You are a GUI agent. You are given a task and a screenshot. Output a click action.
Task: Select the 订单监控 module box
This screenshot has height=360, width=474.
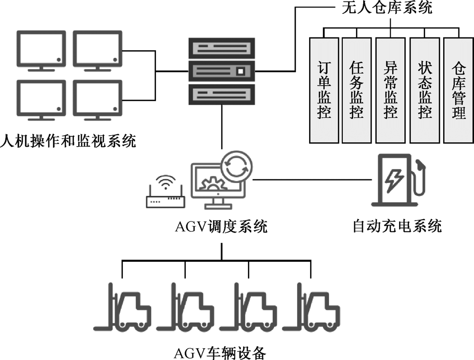[323, 90]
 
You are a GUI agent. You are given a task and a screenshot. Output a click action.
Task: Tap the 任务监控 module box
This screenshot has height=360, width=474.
[357, 90]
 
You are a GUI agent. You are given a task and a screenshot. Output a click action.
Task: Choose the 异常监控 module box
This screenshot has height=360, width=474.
[391, 90]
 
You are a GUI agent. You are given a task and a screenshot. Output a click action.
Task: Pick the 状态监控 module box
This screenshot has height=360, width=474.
[425, 90]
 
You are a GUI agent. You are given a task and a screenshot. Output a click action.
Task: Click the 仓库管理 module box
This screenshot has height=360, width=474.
[458, 90]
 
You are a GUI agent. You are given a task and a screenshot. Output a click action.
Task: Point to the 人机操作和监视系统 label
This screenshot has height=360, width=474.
[68, 141]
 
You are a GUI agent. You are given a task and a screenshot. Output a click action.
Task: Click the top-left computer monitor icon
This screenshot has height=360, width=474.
[41, 50]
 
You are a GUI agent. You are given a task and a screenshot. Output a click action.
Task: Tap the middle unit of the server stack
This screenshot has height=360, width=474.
[221, 71]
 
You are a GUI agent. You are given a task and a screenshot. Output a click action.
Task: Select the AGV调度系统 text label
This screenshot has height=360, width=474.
[221, 227]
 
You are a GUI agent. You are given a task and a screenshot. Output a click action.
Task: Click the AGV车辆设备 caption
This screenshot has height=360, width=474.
[221, 352]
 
